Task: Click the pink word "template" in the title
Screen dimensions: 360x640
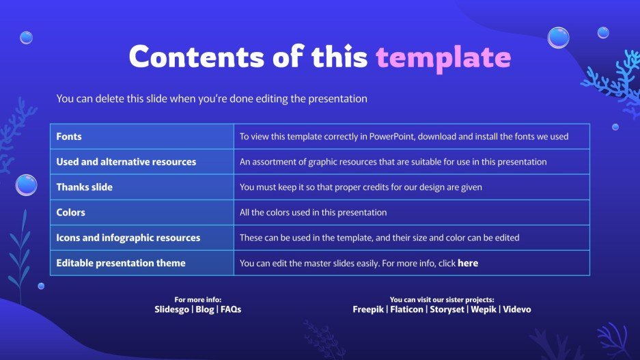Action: click(x=443, y=57)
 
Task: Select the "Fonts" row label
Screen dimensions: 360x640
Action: click(x=68, y=137)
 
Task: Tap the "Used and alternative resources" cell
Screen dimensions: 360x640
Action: click(x=126, y=162)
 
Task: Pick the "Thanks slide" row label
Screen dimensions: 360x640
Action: click(x=84, y=187)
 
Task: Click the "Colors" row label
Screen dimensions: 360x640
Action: click(x=71, y=212)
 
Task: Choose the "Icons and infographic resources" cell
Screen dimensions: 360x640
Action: click(x=128, y=238)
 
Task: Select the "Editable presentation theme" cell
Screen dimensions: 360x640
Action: click(x=121, y=263)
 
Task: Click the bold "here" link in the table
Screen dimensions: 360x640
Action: click(x=468, y=263)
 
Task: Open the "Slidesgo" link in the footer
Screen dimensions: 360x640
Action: click(x=171, y=309)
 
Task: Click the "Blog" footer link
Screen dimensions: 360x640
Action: click(x=204, y=309)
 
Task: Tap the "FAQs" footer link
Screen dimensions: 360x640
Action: click(x=231, y=309)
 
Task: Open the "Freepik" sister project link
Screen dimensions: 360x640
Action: click(x=368, y=309)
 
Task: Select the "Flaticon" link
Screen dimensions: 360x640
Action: click(x=406, y=309)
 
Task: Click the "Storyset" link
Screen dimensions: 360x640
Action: click(x=446, y=309)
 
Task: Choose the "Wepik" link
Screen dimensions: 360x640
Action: click(x=482, y=309)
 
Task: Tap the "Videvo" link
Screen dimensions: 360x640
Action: click(x=517, y=309)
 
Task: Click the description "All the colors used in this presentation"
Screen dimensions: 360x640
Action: click(x=313, y=212)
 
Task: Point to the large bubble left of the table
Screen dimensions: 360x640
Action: click(x=27, y=185)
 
